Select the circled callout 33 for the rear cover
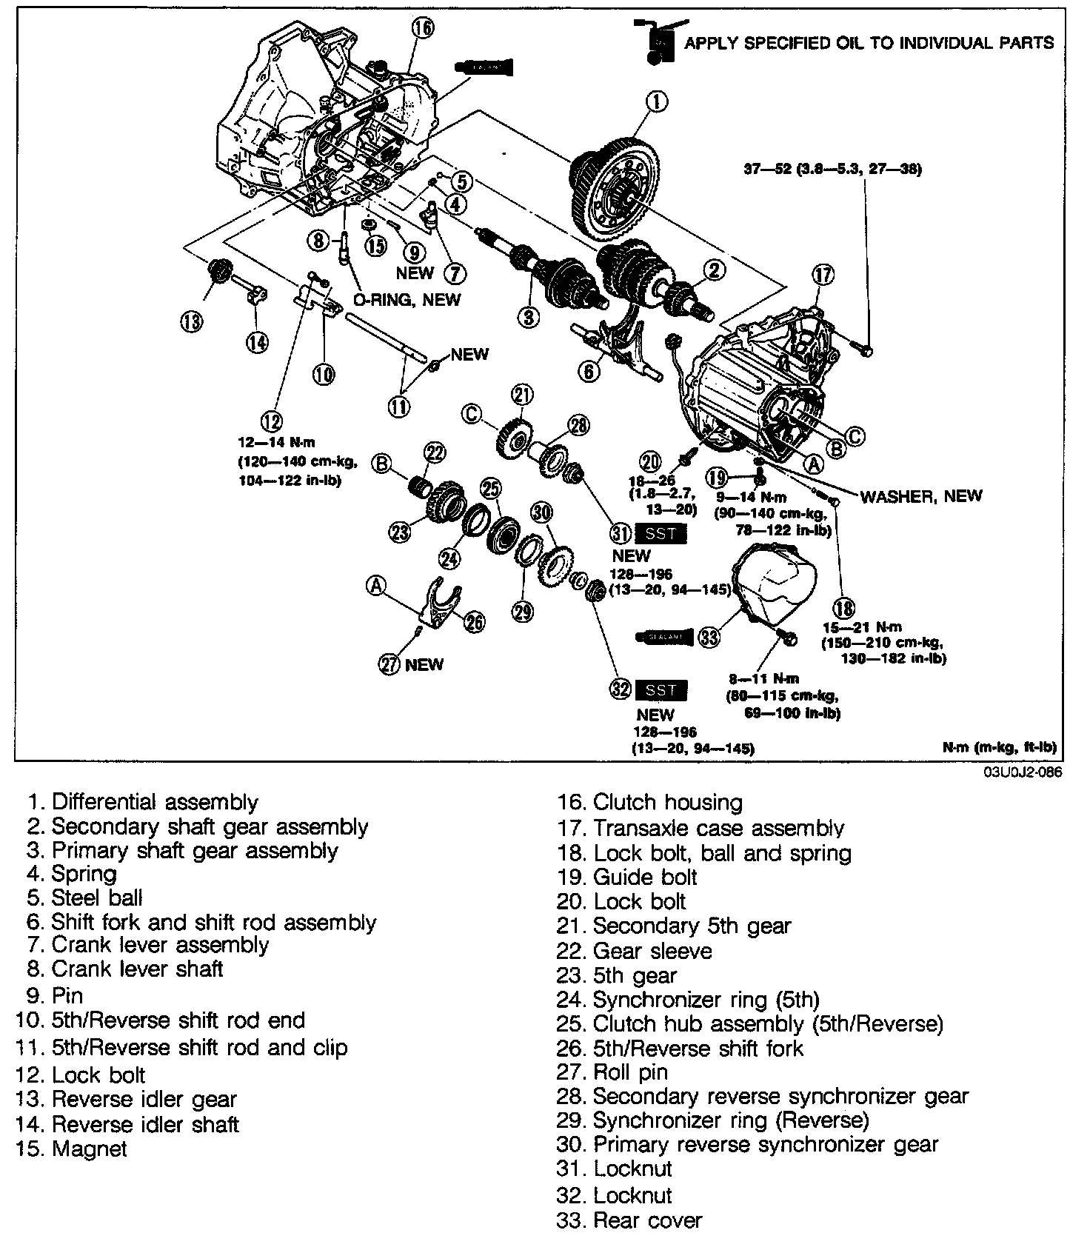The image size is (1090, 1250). [x=709, y=637]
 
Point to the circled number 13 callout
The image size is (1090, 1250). [x=191, y=322]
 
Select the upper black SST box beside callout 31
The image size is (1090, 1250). [x=661, y=533]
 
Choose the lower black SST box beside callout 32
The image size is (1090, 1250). [x=661, y=690]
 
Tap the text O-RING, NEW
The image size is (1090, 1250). [x=406, y=299]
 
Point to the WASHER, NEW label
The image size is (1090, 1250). [x=920, y=495]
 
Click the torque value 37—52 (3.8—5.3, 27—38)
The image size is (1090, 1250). [x=832, y=170]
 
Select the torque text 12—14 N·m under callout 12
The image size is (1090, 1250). [x=277, y=443]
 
